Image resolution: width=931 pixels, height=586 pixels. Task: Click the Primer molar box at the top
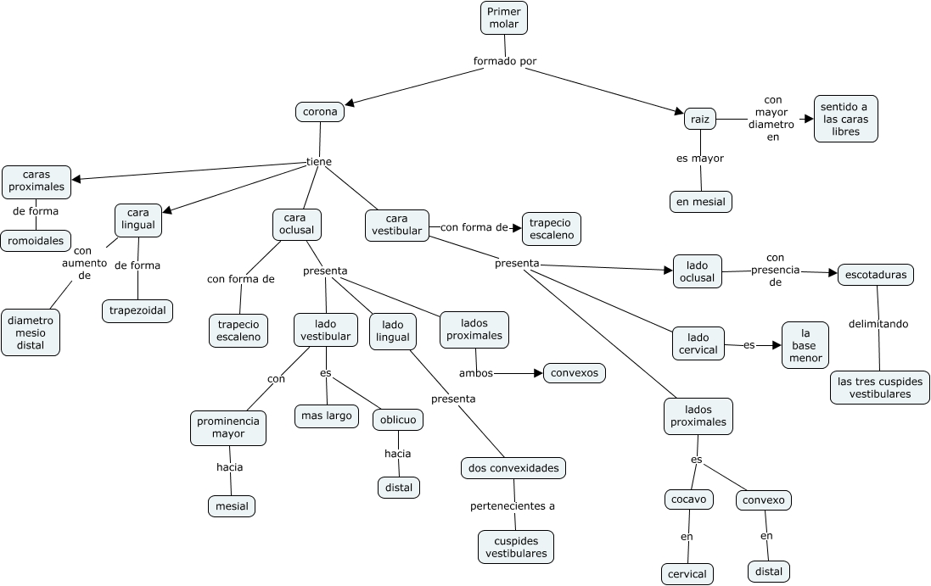pyautogui.click(x=504, y=18)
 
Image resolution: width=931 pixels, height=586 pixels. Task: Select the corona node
pyautogui.click(x=320, y=111)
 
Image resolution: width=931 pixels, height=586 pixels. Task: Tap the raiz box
pyautogui.click(x=700, y=120)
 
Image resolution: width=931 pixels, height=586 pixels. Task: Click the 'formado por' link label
pyautogui.click(x=505, y=61)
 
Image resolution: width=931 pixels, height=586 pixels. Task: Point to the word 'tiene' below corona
pyautogui.click(x=319, y=161)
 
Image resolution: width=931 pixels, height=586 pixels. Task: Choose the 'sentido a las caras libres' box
pyautogui.click(x=845, y=119)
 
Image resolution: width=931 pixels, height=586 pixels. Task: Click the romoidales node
pyautogui.click(x=36, y=241)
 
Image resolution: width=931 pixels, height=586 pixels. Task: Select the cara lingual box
pyautogui.click(x=138, y=220)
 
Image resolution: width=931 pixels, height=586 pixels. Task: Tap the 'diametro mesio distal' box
pyautogui.click(x=31, y=332)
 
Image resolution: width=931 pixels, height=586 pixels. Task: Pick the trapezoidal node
pyautogui.click(x=137, y=311)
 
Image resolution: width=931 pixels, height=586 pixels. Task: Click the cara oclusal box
pyautogui.click(x=296, y=223)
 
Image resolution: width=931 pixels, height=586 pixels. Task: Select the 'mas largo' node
pyautogui.click(x=327, y=416)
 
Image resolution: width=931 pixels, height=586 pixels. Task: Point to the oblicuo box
pyautogui.click(x=398, y=420)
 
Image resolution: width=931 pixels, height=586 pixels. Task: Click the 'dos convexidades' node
pyautogui.click(x=513, y=467)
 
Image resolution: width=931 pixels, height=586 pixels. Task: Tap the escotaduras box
pyautogui.click(x=876, y=274)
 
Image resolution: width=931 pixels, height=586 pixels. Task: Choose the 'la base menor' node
pyautogui.click(x=805, y=344)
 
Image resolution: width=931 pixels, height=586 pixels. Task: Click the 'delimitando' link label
pyautogui.click(x=878, y=323)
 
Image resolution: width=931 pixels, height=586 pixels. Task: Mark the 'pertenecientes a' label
pyautogui.click(x=513, y=506)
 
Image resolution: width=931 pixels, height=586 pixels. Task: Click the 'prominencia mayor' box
pyautogui.click(x=227, y=427)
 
